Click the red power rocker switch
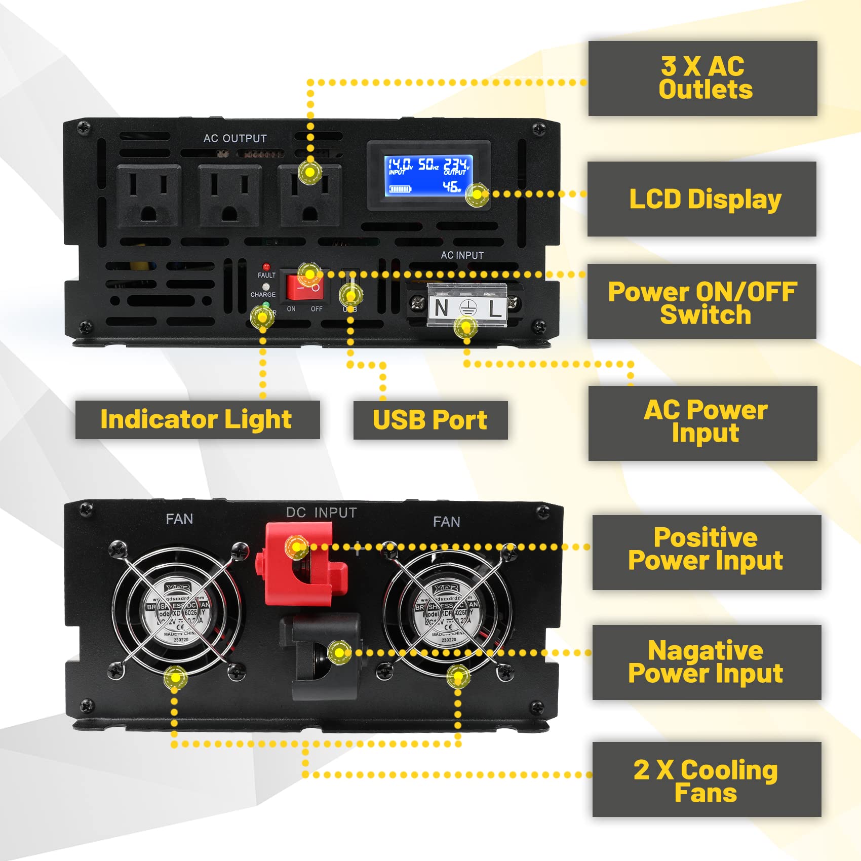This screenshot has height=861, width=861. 303,288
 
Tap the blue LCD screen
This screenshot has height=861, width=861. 428,175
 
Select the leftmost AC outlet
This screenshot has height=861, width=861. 148,195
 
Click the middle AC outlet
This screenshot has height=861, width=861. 229,195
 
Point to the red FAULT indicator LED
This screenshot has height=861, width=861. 266,266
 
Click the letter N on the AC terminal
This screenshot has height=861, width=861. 441,308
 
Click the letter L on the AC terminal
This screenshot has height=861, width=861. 495,308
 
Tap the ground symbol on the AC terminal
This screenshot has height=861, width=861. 468,308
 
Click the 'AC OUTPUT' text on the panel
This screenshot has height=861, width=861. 235,138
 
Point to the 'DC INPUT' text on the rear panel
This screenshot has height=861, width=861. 321,513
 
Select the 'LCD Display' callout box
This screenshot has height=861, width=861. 702,199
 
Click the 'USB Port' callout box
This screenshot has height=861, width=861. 430,420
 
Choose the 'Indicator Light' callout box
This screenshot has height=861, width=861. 197,419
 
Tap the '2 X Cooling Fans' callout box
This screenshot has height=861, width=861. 706,779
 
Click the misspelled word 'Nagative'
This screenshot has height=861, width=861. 705,650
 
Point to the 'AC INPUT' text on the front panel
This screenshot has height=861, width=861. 462,255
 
